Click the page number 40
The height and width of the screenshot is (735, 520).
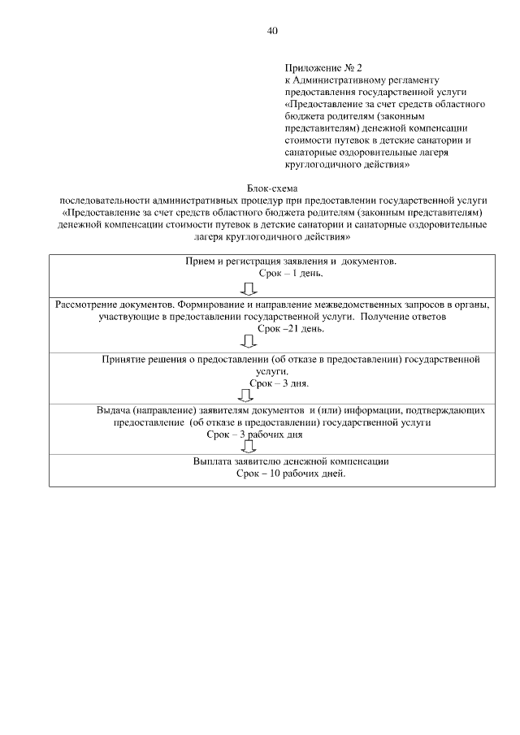(x=272, y=31)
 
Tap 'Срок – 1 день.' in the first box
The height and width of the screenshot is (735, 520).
(x=290, y=275)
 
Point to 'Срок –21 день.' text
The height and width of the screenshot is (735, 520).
(x=291, y=328)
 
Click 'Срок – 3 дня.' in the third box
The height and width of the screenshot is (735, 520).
(x=279, y=381)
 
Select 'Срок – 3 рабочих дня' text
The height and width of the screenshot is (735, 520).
(x=255, y=435)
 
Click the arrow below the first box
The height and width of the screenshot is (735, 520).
(x=249, y=288)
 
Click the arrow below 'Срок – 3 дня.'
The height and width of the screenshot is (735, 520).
(x=245, y=396)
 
